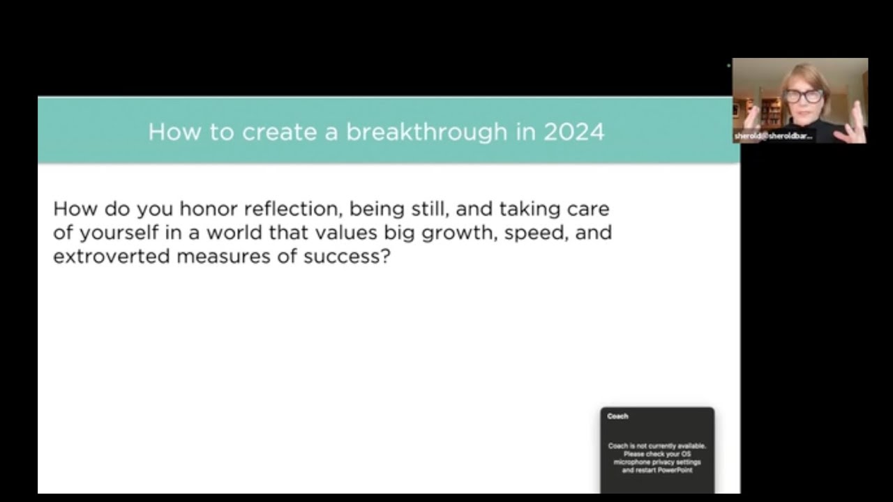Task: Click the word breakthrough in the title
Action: coord(426,132)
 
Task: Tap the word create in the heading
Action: coord(280,132)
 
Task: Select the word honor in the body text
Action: coord(209,208)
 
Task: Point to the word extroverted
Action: coord(112,256)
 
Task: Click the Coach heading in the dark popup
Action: coord(617,416)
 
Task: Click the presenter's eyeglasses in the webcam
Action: coord(803,96)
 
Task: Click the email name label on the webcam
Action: coord(773,136)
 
